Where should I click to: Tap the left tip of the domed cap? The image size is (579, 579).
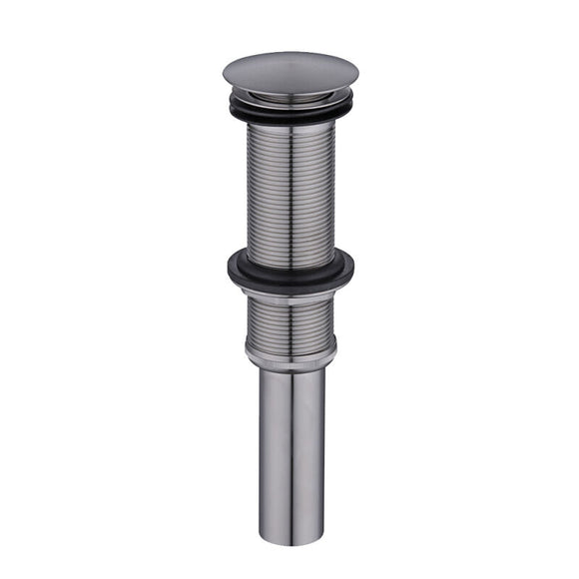[x=225, y=76]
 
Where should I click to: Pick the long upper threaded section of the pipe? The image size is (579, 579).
[x=290, y=190]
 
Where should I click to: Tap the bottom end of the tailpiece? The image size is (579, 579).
[x=290, y=540]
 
